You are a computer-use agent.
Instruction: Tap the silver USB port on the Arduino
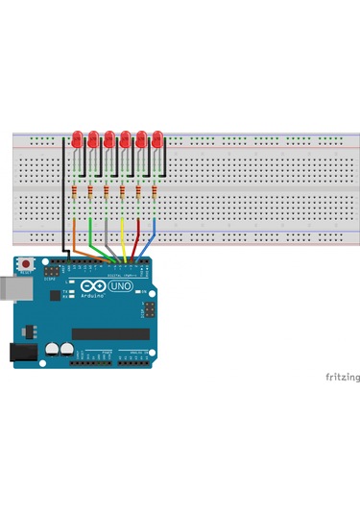pyautogui.click(x=12, y=288)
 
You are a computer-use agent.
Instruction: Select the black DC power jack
pyautogui.click(x=19, y=353)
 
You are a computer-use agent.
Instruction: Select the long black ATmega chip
pyautogui.click(x=110, y=333)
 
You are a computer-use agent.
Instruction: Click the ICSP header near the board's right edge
pyautogui.click(x=149, y=309)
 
